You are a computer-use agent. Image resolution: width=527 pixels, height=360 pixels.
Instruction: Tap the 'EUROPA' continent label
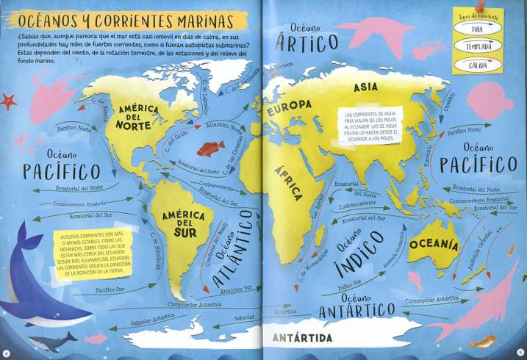(289, 110)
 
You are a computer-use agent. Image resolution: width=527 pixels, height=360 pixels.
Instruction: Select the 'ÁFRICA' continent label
(289, 182)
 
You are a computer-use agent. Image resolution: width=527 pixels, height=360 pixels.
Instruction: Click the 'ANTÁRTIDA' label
(301, 337)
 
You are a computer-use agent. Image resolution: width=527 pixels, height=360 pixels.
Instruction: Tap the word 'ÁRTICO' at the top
(304, 41)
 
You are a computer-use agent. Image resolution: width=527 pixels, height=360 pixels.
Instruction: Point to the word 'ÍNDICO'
(360, 251)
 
